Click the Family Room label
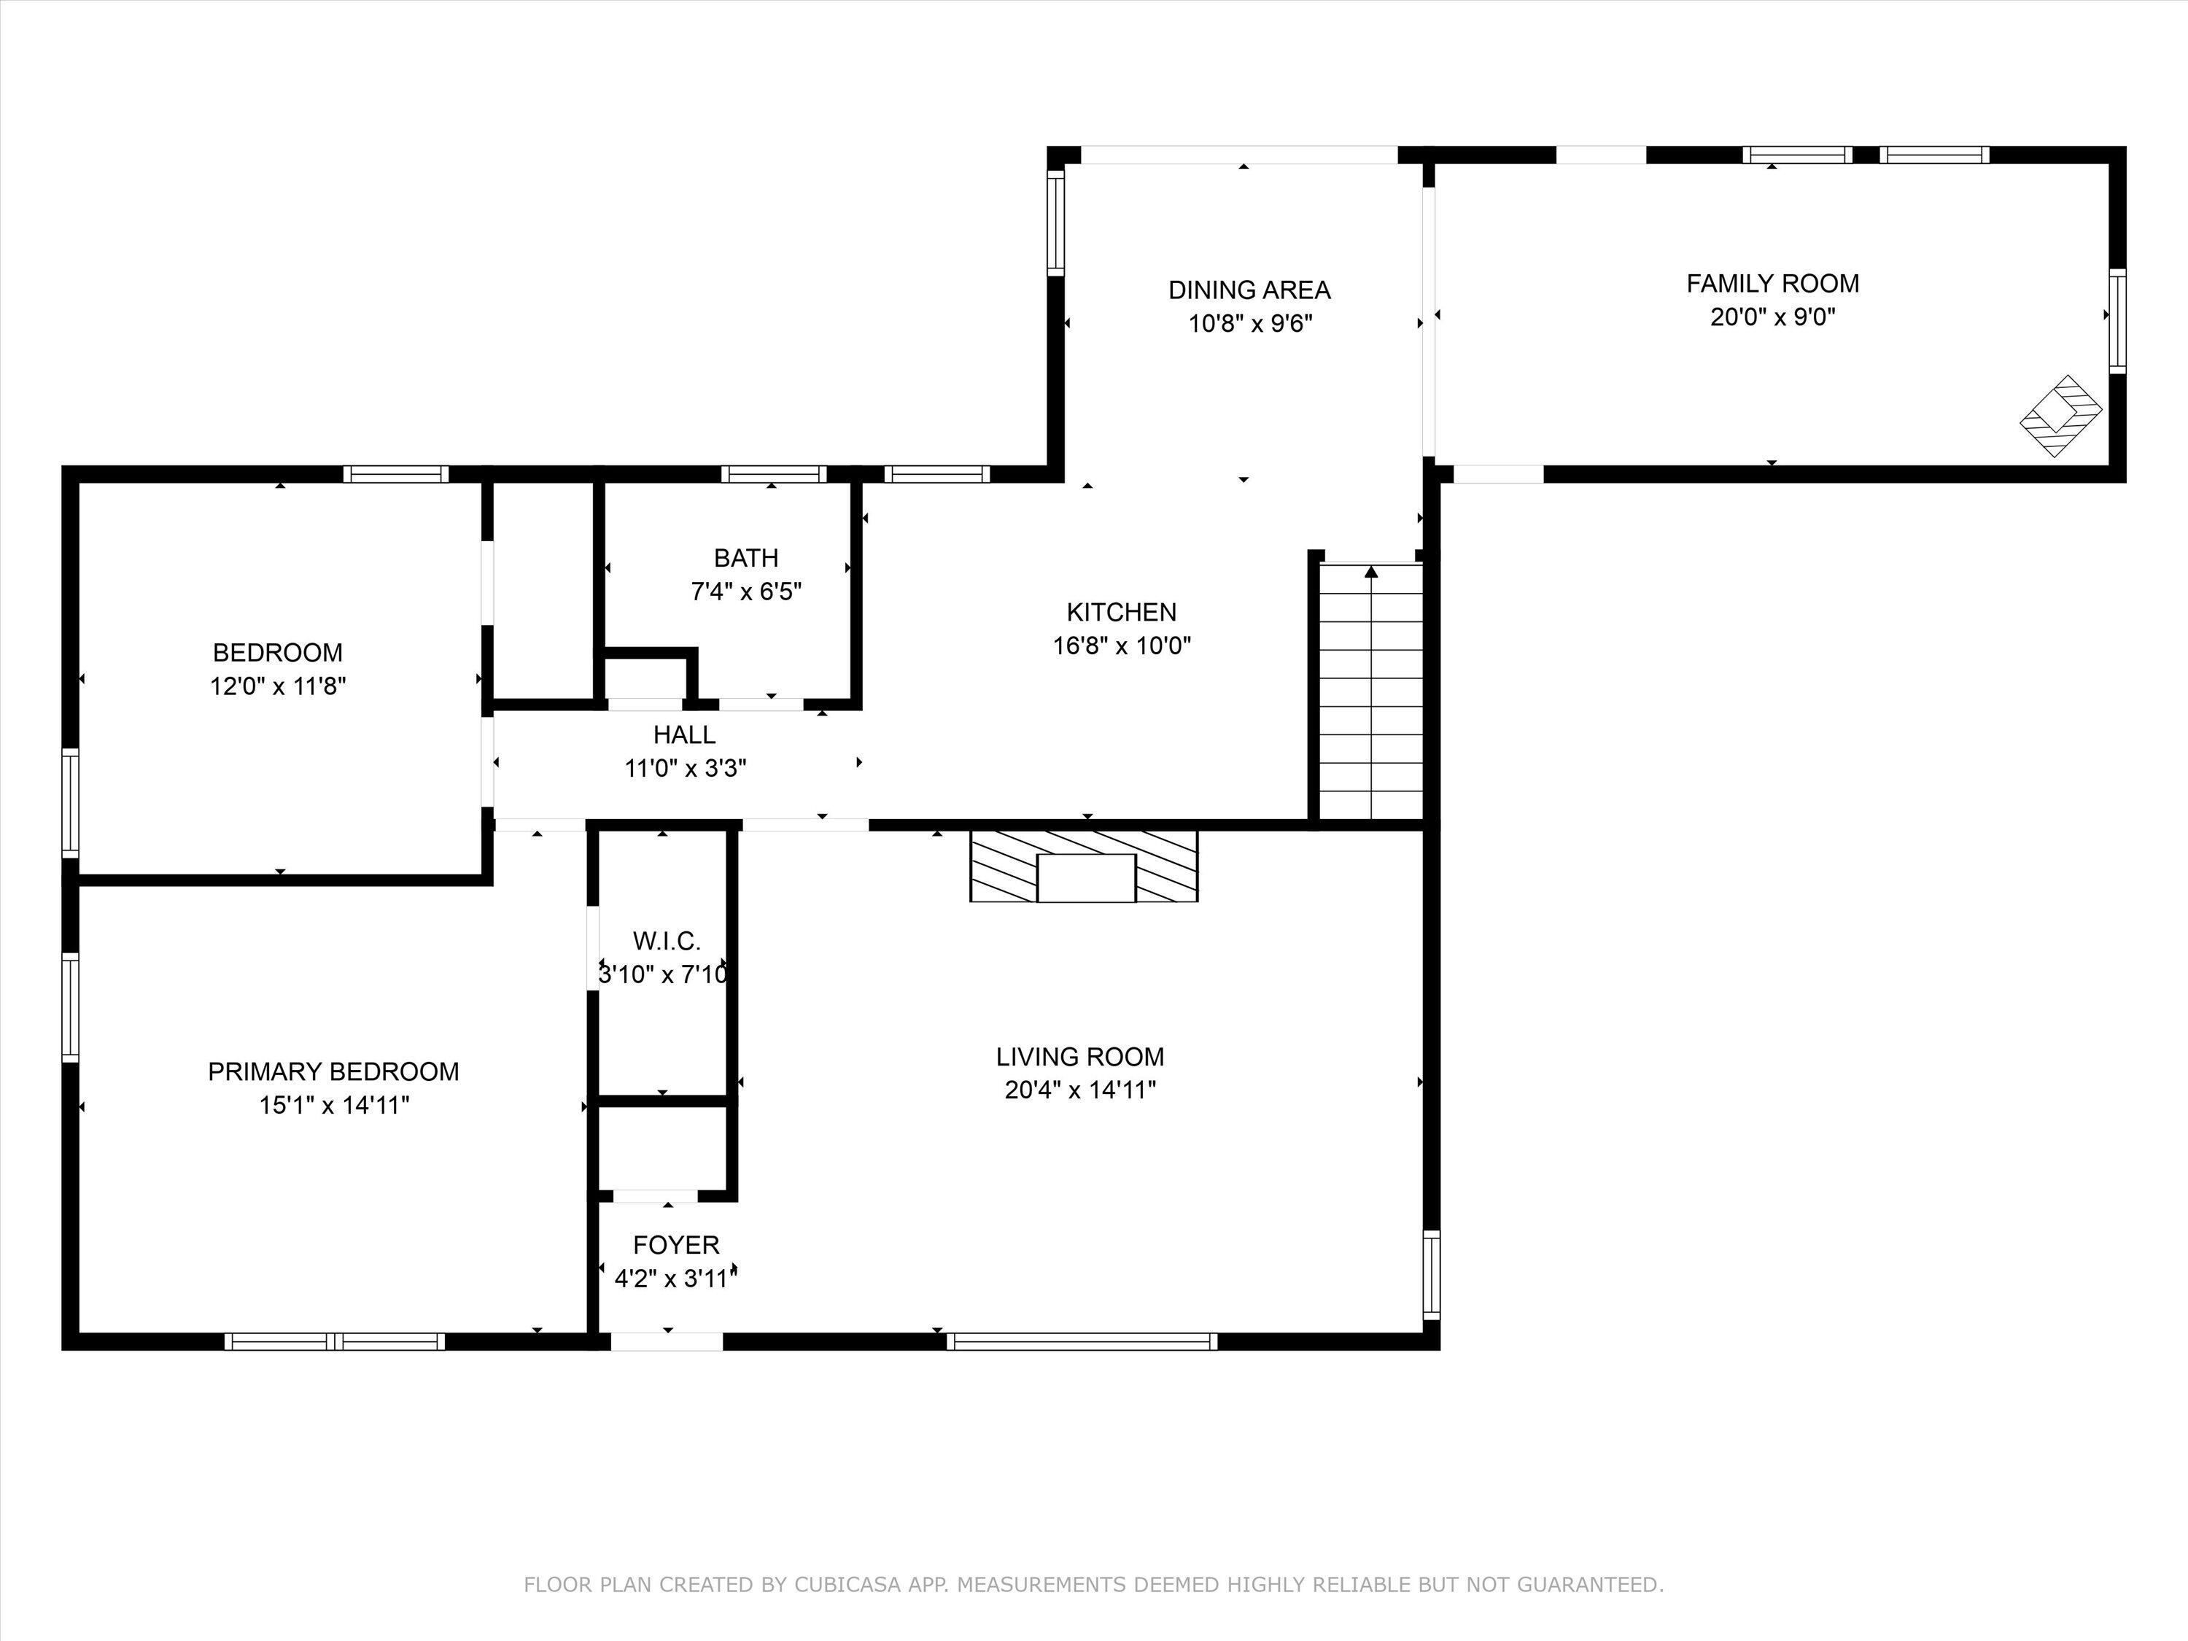(1772, 284)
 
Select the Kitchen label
(1122, 613)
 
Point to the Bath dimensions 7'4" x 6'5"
(746, 591)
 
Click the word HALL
(685, 735)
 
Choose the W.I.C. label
(667, 941)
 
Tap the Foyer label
(677, 1246)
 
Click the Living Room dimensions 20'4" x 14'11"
(1080, 1090)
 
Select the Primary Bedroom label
(333, 1071)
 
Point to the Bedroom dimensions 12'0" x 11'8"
(278, 686)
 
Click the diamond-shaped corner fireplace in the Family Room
(2061, 416)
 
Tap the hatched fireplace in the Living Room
(1084, 866)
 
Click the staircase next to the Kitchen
(1371, 691)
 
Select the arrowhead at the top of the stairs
(1371, 572)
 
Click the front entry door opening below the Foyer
(667, 1341)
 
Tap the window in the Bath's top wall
(774, 474)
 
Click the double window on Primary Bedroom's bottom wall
(334, 1341)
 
